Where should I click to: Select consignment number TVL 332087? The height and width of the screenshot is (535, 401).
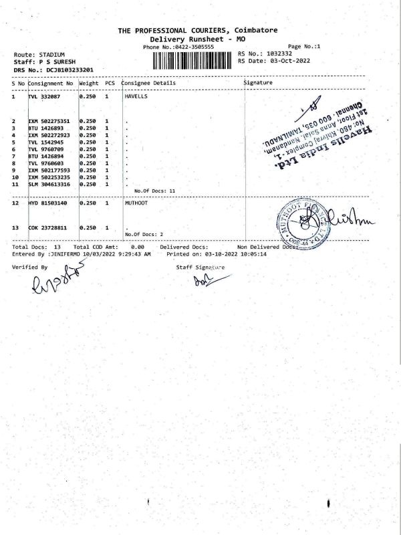pyautogui.click(x=45, y=97)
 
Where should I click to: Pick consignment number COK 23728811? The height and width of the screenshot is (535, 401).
pyautogui.click(x=47, y=228)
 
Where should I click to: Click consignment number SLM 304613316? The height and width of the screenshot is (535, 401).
pyautogui.click(x=50, y=184)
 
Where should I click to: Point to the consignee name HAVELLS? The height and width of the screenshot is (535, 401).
pyautogui.click(x=136, y=97)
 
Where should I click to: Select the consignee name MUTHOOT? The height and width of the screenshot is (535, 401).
pyautogui.click(x=136, y=203)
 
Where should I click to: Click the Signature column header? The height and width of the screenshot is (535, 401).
pyautogui.click(x=258, y=83)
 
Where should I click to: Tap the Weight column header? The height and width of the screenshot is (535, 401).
pyautogui.click(x=89, y=83)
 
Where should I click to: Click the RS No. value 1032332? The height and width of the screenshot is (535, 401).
pyautogui.click(x=279, y=53)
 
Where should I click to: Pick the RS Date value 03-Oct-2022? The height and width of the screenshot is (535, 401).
pyautogui.click(x=288, y=60)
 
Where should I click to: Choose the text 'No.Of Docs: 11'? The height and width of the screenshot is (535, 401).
pyautogui.click(x=154, y=191)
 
